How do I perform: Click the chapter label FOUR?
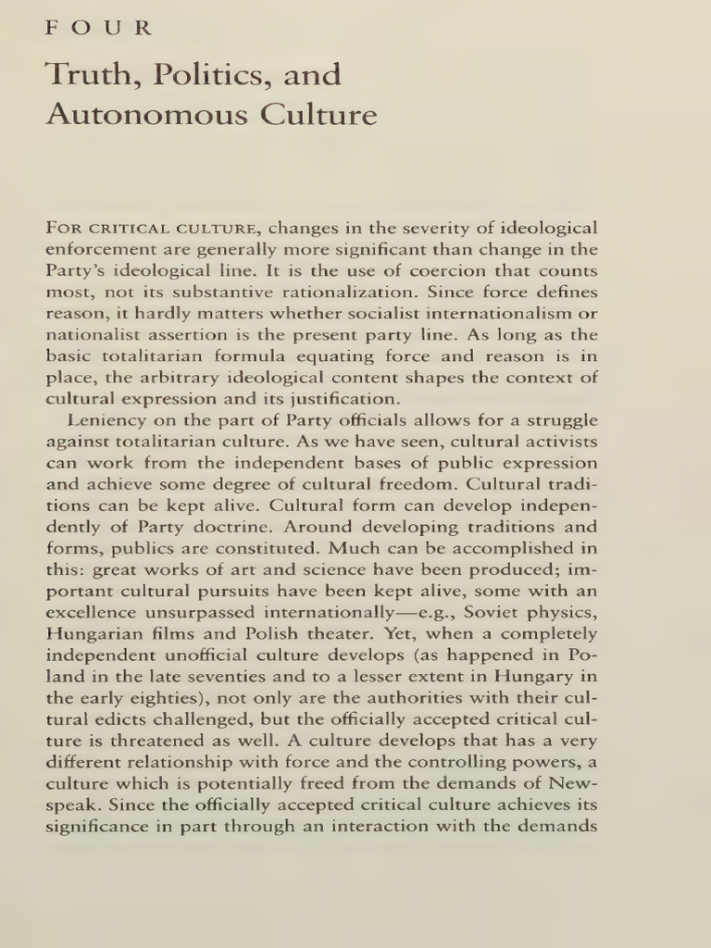pos(98,28)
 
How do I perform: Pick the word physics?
pos(568,614)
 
